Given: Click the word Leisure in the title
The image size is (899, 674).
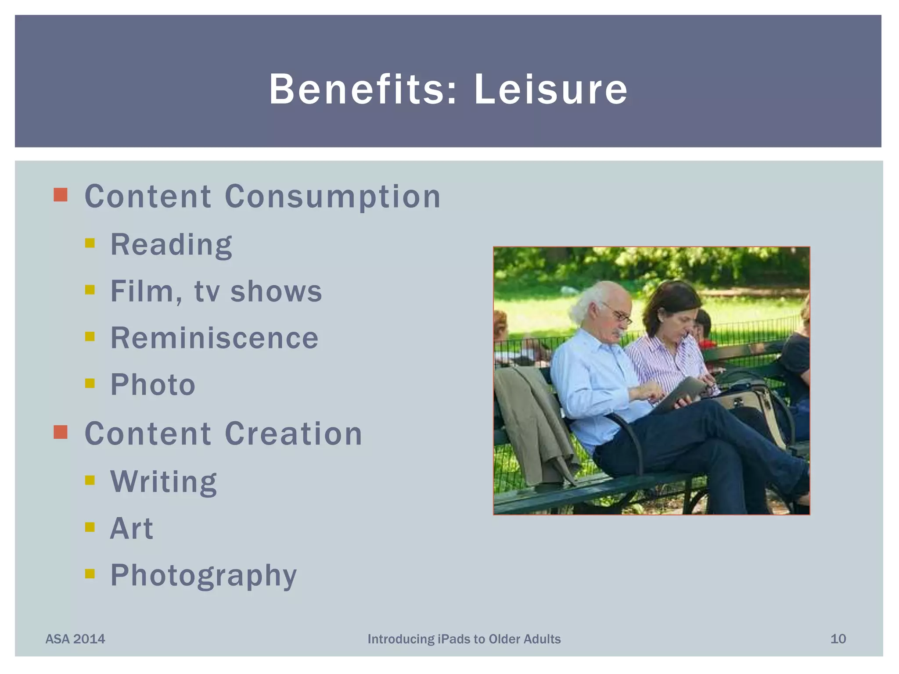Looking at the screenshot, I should pyautogui.click(x=551, y=90).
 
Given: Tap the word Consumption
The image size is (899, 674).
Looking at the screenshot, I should pyautogui.click(x=332, y=197).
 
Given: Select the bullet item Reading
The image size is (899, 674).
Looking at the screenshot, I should pyautogui.click(x=171, y=244).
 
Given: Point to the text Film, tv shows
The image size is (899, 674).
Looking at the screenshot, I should pyautogui.click(x=216, y=291).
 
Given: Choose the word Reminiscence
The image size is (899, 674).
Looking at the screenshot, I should pyautogui.click(x=214, y=338).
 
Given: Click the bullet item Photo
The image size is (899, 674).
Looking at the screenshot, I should pyautogui.click(x=153, y=385).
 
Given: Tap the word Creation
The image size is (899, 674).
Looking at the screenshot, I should pyautogui.click(x=293, y=434).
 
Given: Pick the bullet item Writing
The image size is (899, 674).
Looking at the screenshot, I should pyautogui.click(x=163, y=481).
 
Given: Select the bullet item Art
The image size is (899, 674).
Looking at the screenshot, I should pyautogui.click(x=131, y=528).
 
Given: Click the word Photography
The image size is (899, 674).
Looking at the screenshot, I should pyautogui.click(x=203, y=576).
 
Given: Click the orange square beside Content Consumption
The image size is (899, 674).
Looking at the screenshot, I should pyautogui.click(x=61, y=195).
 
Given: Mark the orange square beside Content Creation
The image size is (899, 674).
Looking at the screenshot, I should pyautogui.click(x=61, y=432).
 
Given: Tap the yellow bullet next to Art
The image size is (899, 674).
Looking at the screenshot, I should pyautogui.click(x=90, y=527).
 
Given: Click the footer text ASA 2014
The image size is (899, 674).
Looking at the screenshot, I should pyautogui.click(x=76, y=639).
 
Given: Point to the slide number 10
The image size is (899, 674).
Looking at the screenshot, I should pyautogui.click(x=838, y=639).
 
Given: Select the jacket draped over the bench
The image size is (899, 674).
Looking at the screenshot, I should pyautogui.click(x=533, y=421).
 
